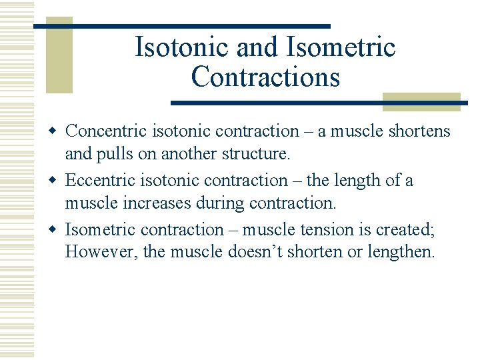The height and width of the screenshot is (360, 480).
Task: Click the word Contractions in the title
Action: (x=265, y=77)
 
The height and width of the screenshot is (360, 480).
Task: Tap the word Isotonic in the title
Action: (x=172, y=47)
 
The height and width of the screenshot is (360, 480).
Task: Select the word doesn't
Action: (x=265, y=253)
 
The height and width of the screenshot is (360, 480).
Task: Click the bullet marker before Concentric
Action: (x=57, y=131)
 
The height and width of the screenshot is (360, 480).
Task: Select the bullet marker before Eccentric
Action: (x=57, y=181)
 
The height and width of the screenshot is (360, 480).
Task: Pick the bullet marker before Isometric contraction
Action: (x=57, y=230)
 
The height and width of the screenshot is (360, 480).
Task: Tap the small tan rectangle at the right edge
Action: (x=421, y=101)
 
